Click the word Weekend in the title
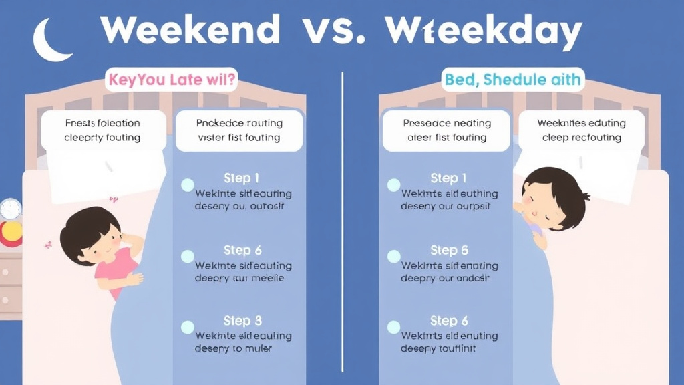point(190,31)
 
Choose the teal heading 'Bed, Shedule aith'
point(513,80)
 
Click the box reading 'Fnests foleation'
point(103,130)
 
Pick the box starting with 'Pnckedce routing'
point(239,130)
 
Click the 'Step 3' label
point(242,321)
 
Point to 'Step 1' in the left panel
point(242,178)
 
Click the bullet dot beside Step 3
point(188,328)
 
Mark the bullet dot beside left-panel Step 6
point(188,256)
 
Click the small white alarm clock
point(11,209)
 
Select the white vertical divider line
point(342,221)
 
